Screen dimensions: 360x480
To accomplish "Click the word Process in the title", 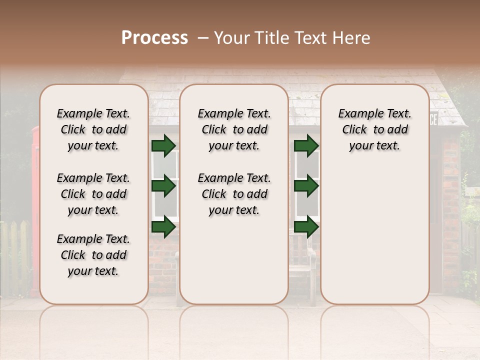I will coord(154,38).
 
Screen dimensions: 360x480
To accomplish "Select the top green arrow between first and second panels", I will coord(163,145).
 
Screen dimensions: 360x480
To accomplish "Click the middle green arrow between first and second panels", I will coord(163,186).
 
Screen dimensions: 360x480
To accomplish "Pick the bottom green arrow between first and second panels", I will coord(163,227).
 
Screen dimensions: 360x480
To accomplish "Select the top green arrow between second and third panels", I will coord(306,145).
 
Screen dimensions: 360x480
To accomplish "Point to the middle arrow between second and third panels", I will coord(306,186).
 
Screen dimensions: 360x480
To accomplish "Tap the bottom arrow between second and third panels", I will coord(306,227).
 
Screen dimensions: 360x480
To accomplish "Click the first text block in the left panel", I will coord(93,129).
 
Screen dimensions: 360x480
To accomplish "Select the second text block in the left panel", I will coord(93,194).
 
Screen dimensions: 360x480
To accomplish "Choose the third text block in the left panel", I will coord(93,255).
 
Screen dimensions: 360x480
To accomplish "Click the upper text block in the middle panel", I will coord(234,129).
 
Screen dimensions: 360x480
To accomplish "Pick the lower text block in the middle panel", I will coord(234,194).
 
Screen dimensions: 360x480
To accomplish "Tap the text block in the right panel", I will coord(374,129).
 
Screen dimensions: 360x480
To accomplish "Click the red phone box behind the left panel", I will coord(35,200).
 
